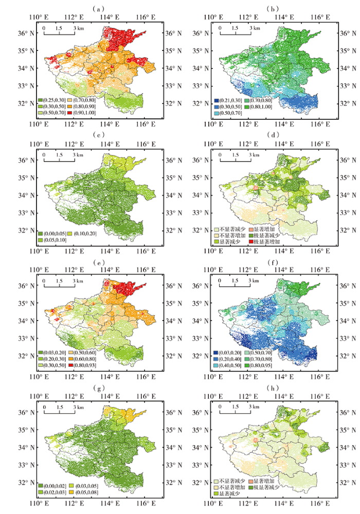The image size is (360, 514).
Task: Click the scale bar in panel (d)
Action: [236, 160]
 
